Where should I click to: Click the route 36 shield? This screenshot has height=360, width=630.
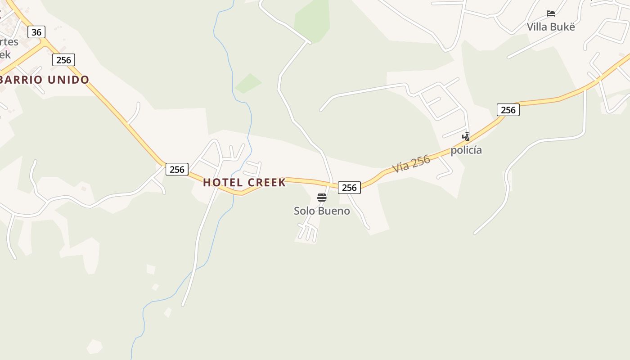point(36,32)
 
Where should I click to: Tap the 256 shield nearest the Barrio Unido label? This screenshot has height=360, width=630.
point(63,60)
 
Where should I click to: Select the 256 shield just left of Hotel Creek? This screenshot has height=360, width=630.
point(177,169)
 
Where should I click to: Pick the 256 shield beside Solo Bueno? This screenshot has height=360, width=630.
point(349,188)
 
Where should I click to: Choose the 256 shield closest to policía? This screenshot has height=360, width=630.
point(508,110)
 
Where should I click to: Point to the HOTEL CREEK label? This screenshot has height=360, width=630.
point(244,182)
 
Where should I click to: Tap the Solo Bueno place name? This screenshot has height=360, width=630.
point(322,211)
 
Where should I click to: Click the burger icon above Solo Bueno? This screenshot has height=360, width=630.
point(321,198)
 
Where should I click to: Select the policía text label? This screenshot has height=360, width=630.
point(466,150)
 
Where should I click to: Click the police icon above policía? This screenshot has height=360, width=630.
point(467,137)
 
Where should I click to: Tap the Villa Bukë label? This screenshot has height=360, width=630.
point(551,27)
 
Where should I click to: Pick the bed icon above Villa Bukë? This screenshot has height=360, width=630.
point(551,13)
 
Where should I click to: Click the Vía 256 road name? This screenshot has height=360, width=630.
point(411,164)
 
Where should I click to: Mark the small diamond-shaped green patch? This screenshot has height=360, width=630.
point(248,83)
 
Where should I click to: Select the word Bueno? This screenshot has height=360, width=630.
point(334,211)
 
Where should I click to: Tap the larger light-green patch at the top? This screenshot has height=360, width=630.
point(312,20)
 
